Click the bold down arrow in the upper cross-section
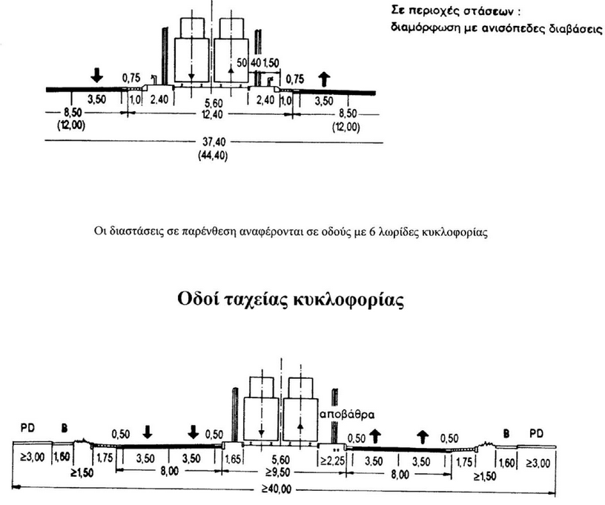96,75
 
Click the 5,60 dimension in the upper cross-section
212,101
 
